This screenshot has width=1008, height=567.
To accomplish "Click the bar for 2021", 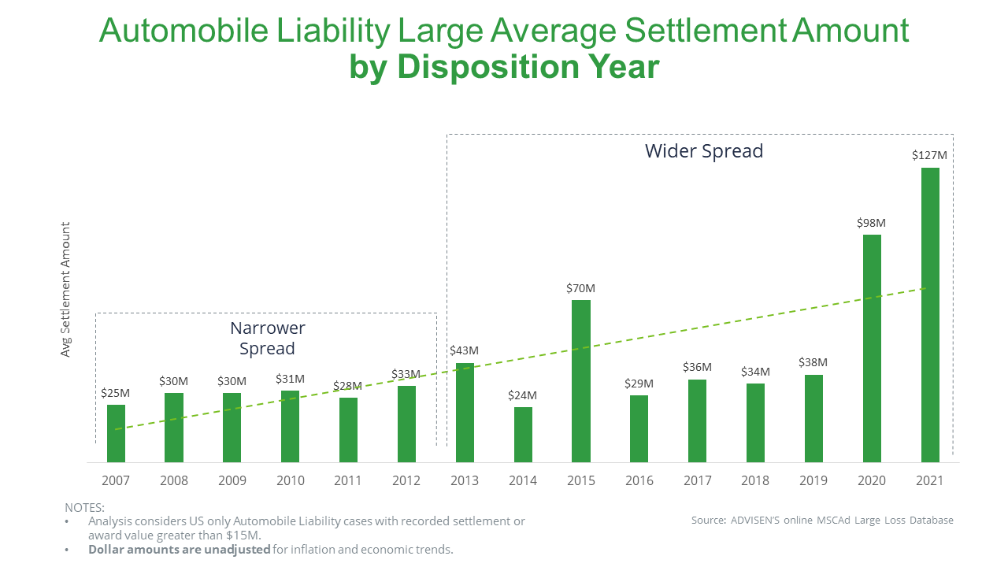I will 930,315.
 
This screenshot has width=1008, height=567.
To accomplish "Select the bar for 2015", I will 581,381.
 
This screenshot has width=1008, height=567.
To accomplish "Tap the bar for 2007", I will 116,433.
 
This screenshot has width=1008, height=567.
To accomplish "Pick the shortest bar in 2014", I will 523,435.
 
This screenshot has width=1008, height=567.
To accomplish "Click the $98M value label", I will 872,223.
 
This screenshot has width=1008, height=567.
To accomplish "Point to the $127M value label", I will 930,155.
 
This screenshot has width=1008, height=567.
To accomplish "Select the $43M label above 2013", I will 464,350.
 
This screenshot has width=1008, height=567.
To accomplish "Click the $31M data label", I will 290,379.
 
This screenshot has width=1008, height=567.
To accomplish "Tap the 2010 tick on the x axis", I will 290,480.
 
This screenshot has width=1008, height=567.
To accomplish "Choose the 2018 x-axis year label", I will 755,480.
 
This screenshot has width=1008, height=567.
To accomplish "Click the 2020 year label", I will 872,480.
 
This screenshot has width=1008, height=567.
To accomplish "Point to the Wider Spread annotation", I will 704,151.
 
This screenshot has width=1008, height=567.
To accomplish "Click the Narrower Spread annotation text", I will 267,338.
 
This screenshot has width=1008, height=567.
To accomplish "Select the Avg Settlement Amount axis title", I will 66,289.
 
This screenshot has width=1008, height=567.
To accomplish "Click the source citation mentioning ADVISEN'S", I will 822,520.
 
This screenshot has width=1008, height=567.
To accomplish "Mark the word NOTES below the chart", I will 84,508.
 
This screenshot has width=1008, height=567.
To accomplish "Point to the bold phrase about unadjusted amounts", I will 180,550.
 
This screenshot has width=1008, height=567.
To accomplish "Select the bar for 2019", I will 813,418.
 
